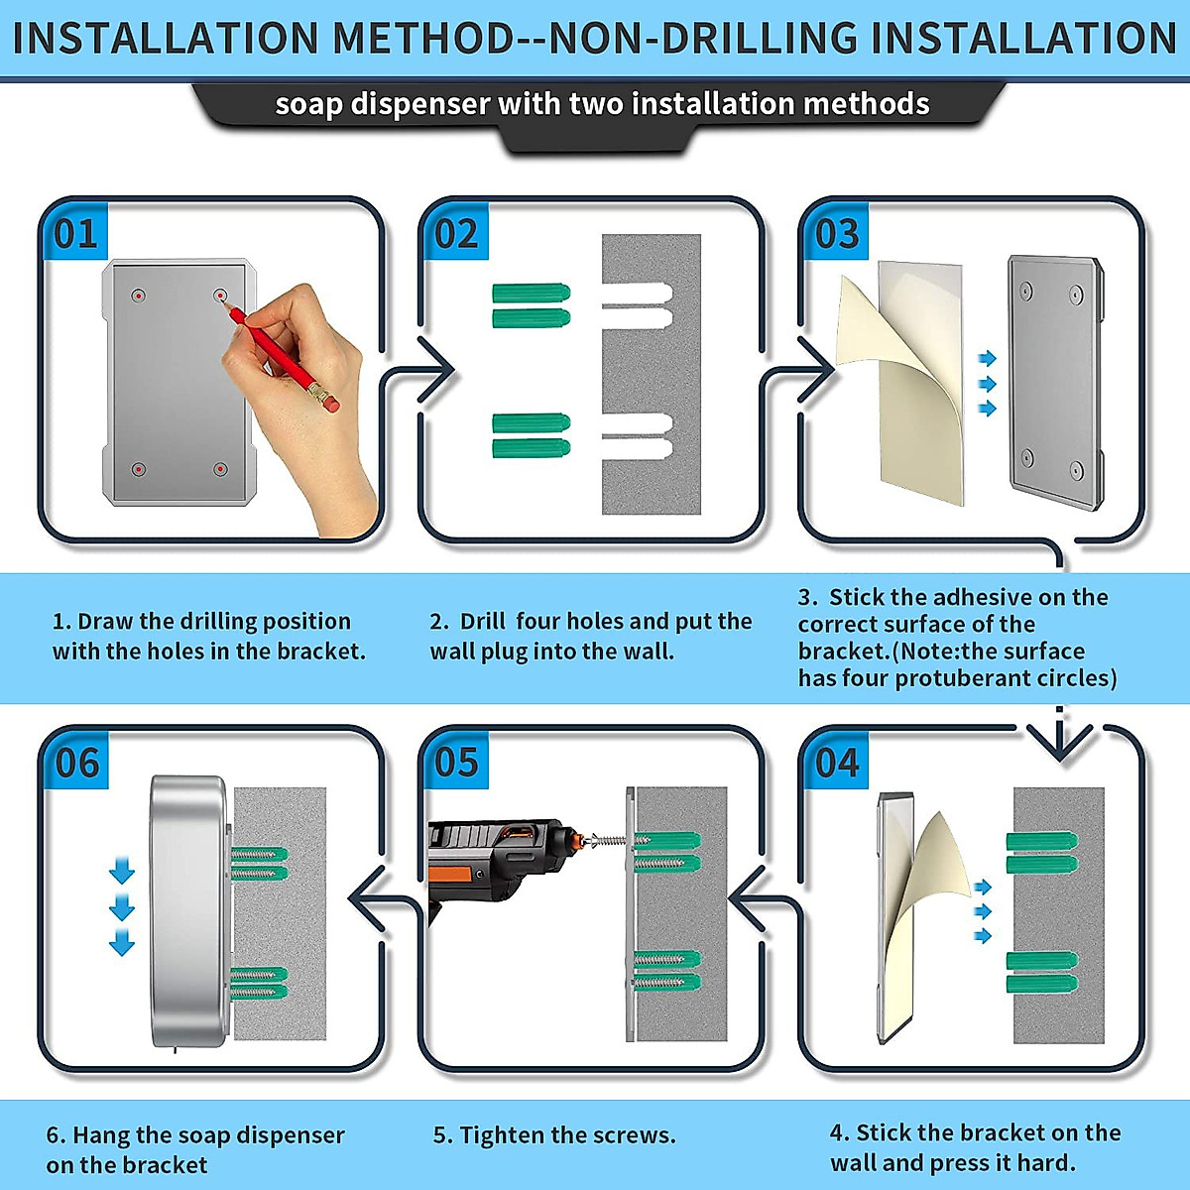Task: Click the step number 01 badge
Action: click(x=76, y=232)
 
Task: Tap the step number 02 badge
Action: click(x=456, y=232)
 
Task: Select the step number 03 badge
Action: click(x=837, y=232)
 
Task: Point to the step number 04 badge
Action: click(x=837, y=762)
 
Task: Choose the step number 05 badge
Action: click(x=456, y=762)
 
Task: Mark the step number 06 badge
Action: click(x=76, y=762)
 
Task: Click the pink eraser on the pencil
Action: click(x=331, y=405)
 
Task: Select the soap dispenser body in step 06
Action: click(x=188, y=911)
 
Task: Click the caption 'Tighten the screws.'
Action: click(x=554, y=1135)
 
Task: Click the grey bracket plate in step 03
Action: click(x=1056, y=383)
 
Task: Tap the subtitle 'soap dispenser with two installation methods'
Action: click(x=602, y=104)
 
